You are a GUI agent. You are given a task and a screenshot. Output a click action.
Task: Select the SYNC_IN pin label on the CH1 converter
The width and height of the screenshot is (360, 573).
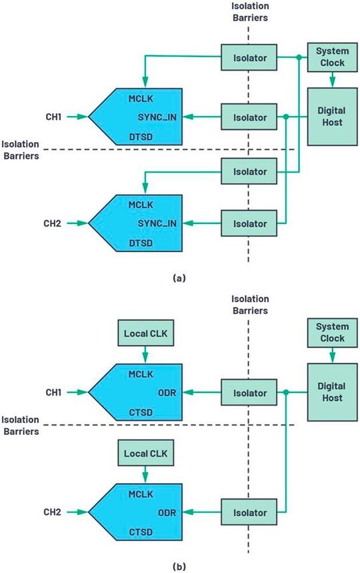point(156,117)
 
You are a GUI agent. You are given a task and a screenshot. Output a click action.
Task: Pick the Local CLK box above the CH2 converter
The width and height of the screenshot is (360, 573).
point(145,453)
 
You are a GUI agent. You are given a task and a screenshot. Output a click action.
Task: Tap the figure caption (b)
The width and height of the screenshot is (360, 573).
point(179,566)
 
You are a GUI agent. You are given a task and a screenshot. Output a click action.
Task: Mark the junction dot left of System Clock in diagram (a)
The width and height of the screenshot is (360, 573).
point(297,59)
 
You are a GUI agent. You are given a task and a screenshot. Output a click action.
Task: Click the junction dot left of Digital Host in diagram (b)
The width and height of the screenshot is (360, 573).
point(285,392)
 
